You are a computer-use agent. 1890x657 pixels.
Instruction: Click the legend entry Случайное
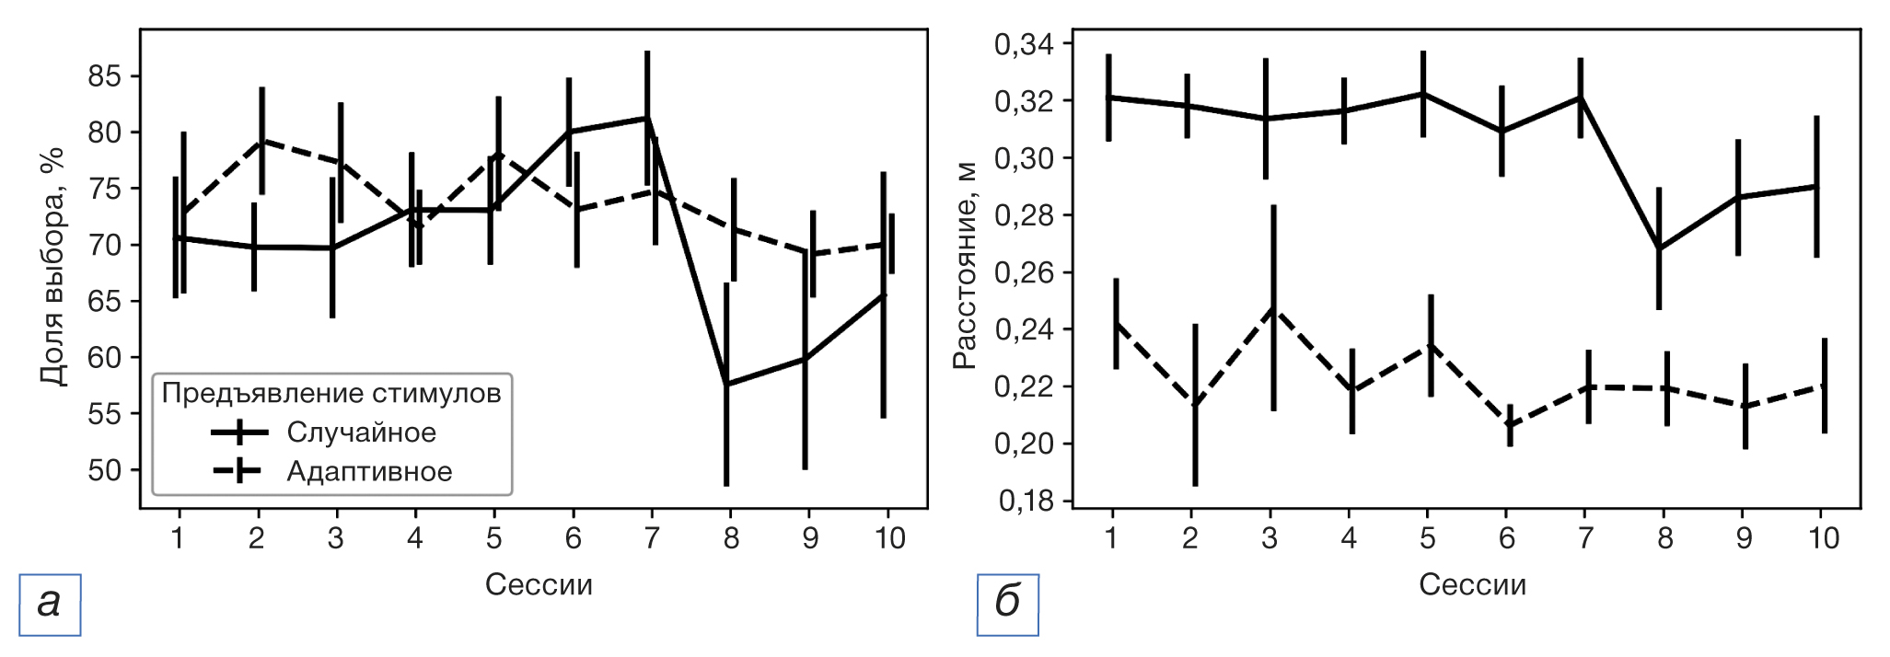pyautogui.click(x=361, y=432)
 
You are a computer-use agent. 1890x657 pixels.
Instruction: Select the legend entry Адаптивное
pyautogui.click(x=369, y=472)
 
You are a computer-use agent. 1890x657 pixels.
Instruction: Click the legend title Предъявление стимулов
pyautogui.click(x=331, y=393)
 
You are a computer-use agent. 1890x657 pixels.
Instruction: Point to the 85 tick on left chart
pyautogui.click(x=104, y=76)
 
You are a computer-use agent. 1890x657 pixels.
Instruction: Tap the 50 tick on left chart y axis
pyautogui.click(x=104, y=470)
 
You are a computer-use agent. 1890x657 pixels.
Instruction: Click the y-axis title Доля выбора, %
pyautogui.click(x=52, y=267)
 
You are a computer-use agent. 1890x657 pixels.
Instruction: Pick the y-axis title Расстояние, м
pyautogui.click(x=964, y=267)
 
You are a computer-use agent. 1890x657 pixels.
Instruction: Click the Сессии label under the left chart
pyautogui.click(x=539, y=585)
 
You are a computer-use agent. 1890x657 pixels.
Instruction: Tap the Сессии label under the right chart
pyautogui.click(x=1472, y=585)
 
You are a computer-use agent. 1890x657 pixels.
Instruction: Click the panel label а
pyautogui.click(x=50, y=605)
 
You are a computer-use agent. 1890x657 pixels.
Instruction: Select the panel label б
pyautogui.click(x=1008, y=605)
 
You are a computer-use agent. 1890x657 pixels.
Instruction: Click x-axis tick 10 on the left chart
pyautogui.click(x=889, y=538)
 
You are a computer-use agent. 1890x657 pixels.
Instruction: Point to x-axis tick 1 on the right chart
pyautogui.click(x=1111, y=538)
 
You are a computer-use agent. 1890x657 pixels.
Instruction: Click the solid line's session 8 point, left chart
pyautogui.click(x=726, y=385)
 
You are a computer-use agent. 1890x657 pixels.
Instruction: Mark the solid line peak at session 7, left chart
pyautogui.click(x=647, y=118)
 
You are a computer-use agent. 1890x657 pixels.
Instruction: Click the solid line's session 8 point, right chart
pyautogui.click(x=1659, y=248)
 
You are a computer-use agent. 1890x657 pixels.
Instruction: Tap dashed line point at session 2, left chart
pyautogui.click(x=261, y=141)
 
